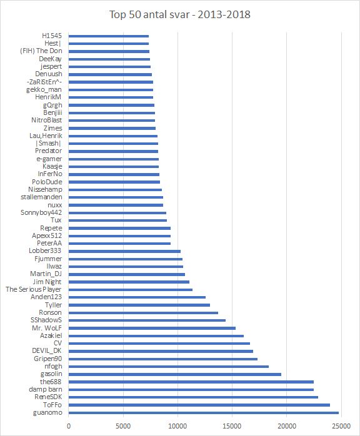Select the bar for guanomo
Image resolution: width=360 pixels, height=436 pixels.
204,413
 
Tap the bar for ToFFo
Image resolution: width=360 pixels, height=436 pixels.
199,405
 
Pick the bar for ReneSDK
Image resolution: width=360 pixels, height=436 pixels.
193,397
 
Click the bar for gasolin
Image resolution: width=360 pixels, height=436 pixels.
175,374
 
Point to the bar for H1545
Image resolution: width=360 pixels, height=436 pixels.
109,36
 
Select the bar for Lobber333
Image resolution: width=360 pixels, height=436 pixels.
124,251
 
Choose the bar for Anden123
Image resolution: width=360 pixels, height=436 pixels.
137,297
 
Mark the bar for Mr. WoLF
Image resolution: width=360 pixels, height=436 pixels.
152,328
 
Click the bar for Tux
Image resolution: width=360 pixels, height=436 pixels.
117,220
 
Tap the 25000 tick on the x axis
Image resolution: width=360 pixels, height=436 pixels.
341,426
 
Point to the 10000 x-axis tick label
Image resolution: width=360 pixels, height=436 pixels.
177,426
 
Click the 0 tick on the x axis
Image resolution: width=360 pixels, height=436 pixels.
69,426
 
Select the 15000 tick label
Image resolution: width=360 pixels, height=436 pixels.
232,426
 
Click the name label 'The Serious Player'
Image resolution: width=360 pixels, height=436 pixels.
34,289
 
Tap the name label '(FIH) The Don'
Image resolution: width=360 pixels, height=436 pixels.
41,51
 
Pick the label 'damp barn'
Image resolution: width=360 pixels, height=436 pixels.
46,389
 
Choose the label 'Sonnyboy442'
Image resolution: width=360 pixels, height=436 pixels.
41,213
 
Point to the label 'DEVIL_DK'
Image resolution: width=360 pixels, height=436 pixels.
47,351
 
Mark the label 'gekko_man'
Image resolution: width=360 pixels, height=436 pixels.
44,89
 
